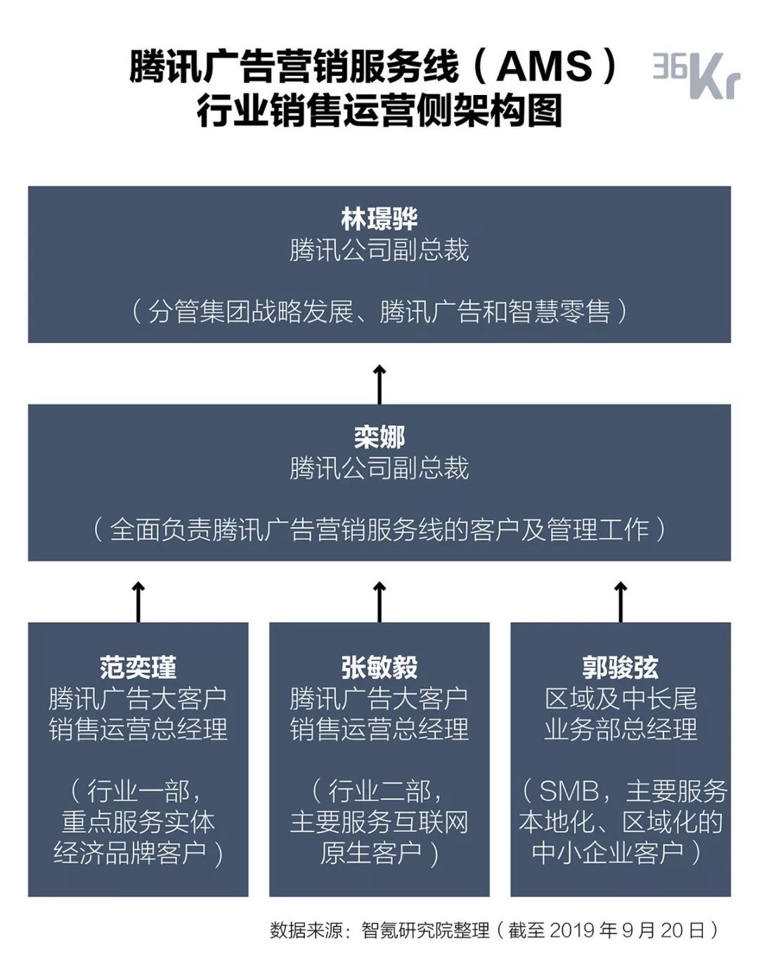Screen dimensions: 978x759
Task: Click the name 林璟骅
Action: (379, 219)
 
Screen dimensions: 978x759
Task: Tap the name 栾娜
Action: (379, 437)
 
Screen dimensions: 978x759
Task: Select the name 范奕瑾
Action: (138, 667)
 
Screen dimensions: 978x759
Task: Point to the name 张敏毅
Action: (379, 667)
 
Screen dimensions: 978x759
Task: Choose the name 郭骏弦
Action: (621, 667)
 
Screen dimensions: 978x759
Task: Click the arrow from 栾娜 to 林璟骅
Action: (379, 384)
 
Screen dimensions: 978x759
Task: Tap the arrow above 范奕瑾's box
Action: (138, 601)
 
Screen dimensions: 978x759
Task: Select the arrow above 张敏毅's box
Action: (379, 601)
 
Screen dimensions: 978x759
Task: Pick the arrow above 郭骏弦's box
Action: (621, 601)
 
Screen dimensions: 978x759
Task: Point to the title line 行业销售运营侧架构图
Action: (379, 112)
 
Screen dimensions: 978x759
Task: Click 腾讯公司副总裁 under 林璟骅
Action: (379, 251)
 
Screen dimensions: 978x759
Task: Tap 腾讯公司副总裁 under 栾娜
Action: (379, 469)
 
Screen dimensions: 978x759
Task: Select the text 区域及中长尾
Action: (621, 699)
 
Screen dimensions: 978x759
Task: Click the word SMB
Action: (569, 792)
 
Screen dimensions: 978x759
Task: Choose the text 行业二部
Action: (379, 792)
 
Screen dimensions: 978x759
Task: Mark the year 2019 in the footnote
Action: (573, 931)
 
